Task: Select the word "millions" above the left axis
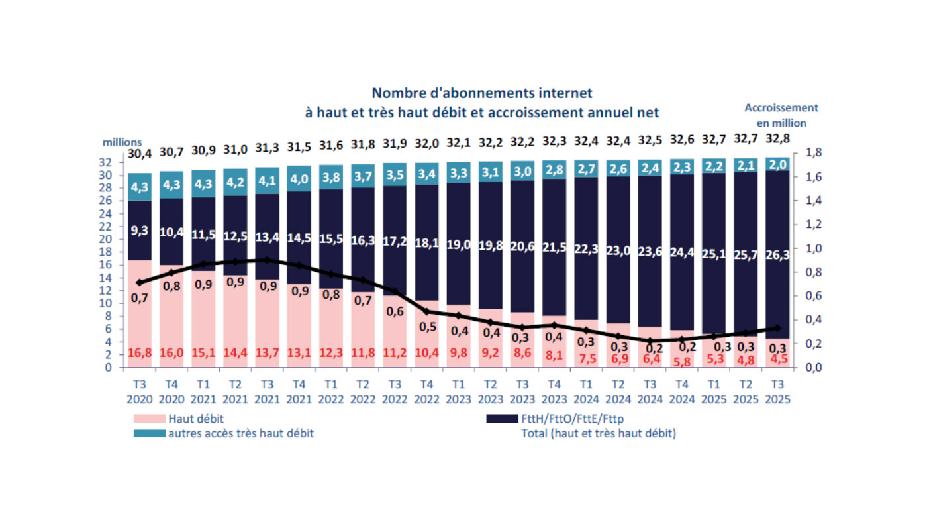[x=122, y=142]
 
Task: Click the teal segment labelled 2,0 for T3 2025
[x=777, y=164]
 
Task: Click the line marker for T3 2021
[x=267, y=260]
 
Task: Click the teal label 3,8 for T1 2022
[x=331, y=177]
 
